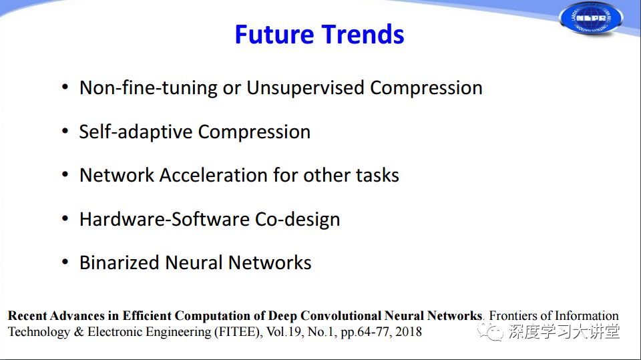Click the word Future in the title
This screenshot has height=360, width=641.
274,34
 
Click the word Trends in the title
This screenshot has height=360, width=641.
363,34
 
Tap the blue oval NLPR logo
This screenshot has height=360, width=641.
591,18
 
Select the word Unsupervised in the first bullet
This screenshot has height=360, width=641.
305,88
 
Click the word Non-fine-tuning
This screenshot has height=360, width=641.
148,88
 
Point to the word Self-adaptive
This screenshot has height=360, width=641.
136,132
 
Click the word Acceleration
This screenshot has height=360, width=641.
214,175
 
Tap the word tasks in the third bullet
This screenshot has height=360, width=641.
377,175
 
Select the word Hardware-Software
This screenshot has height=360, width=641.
165,219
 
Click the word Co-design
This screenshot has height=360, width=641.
298,219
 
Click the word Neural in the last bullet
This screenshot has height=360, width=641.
194,262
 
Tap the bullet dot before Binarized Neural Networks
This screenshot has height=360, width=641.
65,262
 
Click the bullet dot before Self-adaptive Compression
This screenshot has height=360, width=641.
65,131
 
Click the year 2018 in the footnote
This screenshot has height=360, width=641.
409,332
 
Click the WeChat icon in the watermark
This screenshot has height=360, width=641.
490,332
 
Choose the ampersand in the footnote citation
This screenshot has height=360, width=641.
79,332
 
